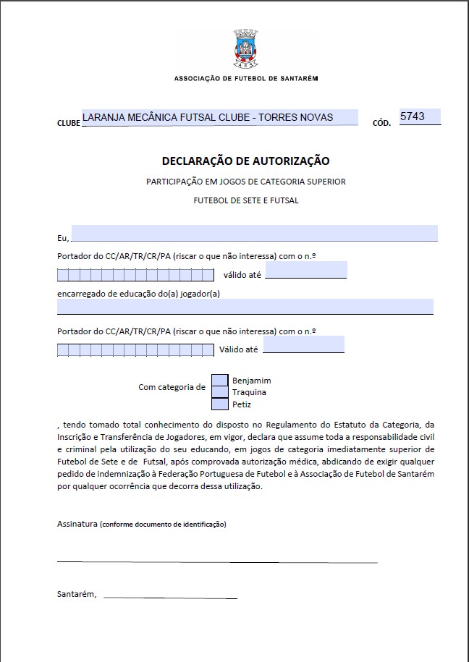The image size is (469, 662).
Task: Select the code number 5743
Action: coord(419,116)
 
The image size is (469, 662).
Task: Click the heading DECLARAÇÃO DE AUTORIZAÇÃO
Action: coord(245,161)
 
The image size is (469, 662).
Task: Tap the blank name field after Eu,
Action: coord(254,233)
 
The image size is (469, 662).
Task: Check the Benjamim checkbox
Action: coord(220,380)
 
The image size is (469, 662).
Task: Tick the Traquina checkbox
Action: coord(220,392)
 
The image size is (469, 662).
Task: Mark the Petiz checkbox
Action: coord(220,404)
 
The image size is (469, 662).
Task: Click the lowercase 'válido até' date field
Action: coord(306,270)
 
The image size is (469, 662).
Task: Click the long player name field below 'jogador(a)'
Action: coord(245,307)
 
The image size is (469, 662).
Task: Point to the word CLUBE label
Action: coord(69,123)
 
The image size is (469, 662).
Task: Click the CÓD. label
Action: coord(382,123)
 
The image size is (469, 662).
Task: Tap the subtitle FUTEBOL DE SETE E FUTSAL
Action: coord(245,200)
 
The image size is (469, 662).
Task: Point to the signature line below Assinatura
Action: coord(217,561)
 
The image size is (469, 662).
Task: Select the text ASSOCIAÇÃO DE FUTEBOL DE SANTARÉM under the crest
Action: coord(245,78)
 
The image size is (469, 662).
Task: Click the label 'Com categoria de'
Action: coord(172,387)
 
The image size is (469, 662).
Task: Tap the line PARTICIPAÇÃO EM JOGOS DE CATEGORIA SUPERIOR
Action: coord(245,181)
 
